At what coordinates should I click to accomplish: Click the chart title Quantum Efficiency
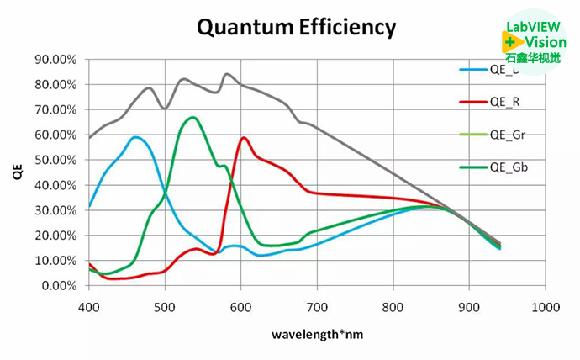pos(296,27)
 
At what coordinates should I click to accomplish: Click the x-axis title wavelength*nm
pos(317,334)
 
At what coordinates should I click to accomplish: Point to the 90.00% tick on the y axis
pos(56,60)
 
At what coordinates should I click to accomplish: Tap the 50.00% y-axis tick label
pos(56,160)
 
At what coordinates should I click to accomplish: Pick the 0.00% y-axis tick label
pos(59,286)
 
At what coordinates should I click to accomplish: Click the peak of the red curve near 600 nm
pos(244,137)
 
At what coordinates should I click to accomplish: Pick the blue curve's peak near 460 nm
pos(135,136)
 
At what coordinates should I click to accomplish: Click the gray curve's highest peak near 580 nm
pos(226,74)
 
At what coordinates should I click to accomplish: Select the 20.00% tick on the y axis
pos(56,236)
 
